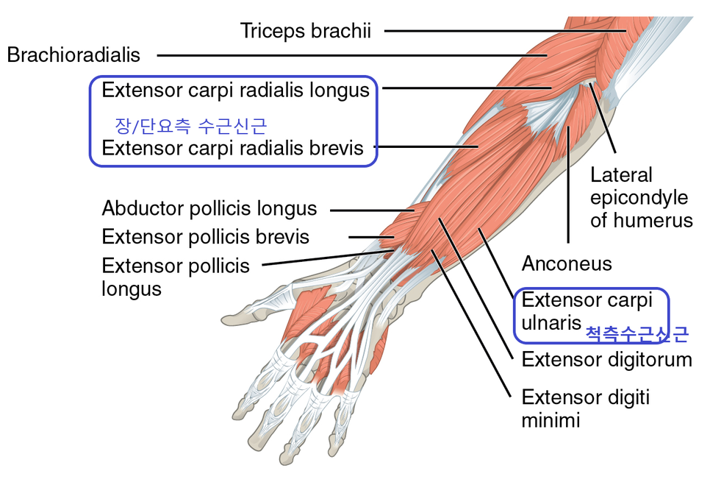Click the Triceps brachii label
[305, 31]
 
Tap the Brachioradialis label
[73, 55]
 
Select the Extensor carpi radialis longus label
[235, 90]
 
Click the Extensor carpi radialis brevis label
[232, 148]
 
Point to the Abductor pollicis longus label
[209, 208]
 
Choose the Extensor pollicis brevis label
[205, 237]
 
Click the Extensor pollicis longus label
[176, 276]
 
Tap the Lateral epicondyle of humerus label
[641, 197]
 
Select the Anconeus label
[566, 263]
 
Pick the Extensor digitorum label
[606, 360]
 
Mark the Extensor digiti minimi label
[585, 408]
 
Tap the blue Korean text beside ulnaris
[637, 334]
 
